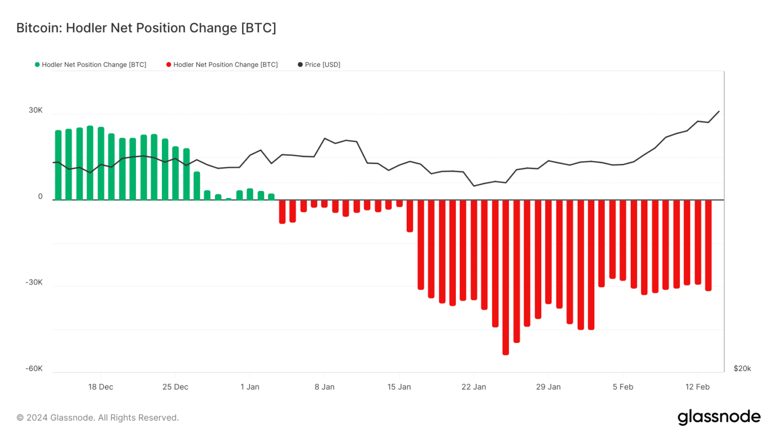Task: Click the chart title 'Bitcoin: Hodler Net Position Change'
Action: click(146, 28)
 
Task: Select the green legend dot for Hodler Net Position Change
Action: click(37, 65)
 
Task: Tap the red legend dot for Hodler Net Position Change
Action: click(169, 65)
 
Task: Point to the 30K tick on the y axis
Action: click(36, 110)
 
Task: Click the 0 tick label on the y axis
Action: click(40, 197)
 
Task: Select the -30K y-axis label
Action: click(34, 282)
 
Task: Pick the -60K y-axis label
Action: click(34, 368)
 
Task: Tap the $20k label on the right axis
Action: click(742, 368)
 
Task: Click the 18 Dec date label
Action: click(101, 387)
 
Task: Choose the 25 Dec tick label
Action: click(175, 387)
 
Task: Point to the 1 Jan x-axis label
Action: click(250, 387)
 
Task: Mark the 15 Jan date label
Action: click(399, 387)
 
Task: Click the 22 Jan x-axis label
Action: click(473, 387)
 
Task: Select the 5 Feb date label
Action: click(623, 387)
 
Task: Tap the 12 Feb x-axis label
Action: click(698, 387)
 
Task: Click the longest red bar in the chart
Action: click(506, 278)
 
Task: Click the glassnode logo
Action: click(719, 417)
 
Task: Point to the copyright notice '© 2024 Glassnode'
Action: click(98, 418)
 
